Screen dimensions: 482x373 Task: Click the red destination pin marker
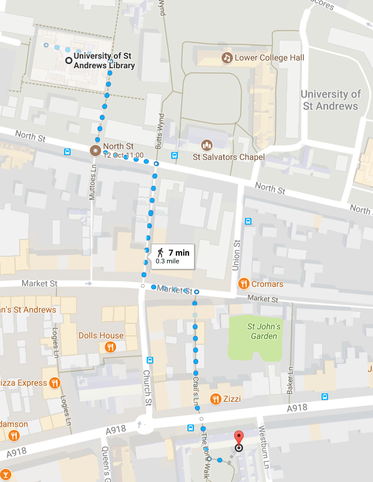pyautogui.click(x=238, y=437)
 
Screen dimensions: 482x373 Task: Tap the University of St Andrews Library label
pyautogui.click(x=104, y=61)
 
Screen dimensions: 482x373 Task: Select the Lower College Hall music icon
pyautogui.click(x=227, y=57)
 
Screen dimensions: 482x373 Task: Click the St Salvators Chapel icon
pyautogui.click(x=207, y=145)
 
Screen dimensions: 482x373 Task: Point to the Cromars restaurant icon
pyautogui.click(x=243, y=283)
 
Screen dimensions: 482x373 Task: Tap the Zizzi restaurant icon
pyautogui.click(x=215, y=398)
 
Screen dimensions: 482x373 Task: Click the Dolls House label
pyautogui.click(x=101, y=335)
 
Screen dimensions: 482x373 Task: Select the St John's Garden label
pyautogui.click(x=263, y=331)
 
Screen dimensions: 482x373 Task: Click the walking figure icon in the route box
pyautogui.click(x=160, y=253)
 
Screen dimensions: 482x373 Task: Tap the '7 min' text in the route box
pyautogui.click(x=178, y=253)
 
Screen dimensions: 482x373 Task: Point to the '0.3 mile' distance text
pyautogui.click(x=168, y=261)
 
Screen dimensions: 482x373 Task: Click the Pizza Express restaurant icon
pyautogui.click(x=54, y=383)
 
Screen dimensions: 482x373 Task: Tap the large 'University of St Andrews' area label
pyautogui.click(x=330, y=100)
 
